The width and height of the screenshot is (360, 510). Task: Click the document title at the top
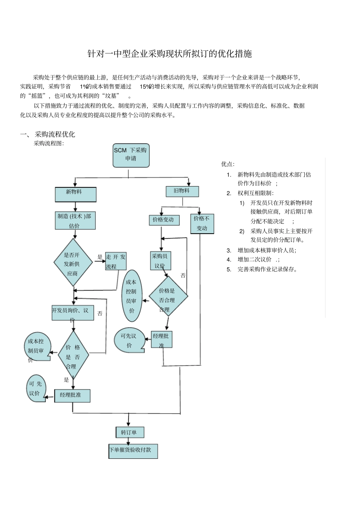tap(170, 54)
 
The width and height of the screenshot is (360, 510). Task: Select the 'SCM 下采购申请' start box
tap(131, 155)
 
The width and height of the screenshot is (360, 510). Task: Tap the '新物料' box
tap(75, 195)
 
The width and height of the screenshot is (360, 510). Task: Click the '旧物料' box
tap(182, 191)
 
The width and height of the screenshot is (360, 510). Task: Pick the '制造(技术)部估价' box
tap(75, 221)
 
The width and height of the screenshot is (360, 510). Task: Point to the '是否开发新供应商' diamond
tap(72, 262)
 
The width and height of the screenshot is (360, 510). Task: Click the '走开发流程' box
tap(116, 262)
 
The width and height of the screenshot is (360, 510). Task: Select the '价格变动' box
tap(164, 220)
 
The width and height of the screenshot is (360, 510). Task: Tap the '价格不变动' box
tap(202, 224)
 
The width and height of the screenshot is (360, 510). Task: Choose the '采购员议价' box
tap(160, 260)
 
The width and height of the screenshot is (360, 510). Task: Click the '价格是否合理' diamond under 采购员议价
tap(168, 296)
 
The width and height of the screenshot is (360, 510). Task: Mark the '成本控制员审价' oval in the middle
tap(132, 296)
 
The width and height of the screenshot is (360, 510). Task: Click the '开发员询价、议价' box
tap(72, 313)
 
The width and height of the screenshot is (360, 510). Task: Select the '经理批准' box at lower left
tap(72, 395)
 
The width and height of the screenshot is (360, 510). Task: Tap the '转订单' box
tap(130, 432)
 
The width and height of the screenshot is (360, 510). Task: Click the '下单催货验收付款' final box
tap(133, 451)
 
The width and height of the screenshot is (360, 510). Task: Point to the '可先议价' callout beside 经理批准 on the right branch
tap(129, 340)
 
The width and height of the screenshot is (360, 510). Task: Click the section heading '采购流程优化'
tap(55, 134)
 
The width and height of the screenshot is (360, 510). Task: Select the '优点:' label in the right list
tap(228, 164)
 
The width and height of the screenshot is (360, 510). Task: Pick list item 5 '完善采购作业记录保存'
tap(268, 270)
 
